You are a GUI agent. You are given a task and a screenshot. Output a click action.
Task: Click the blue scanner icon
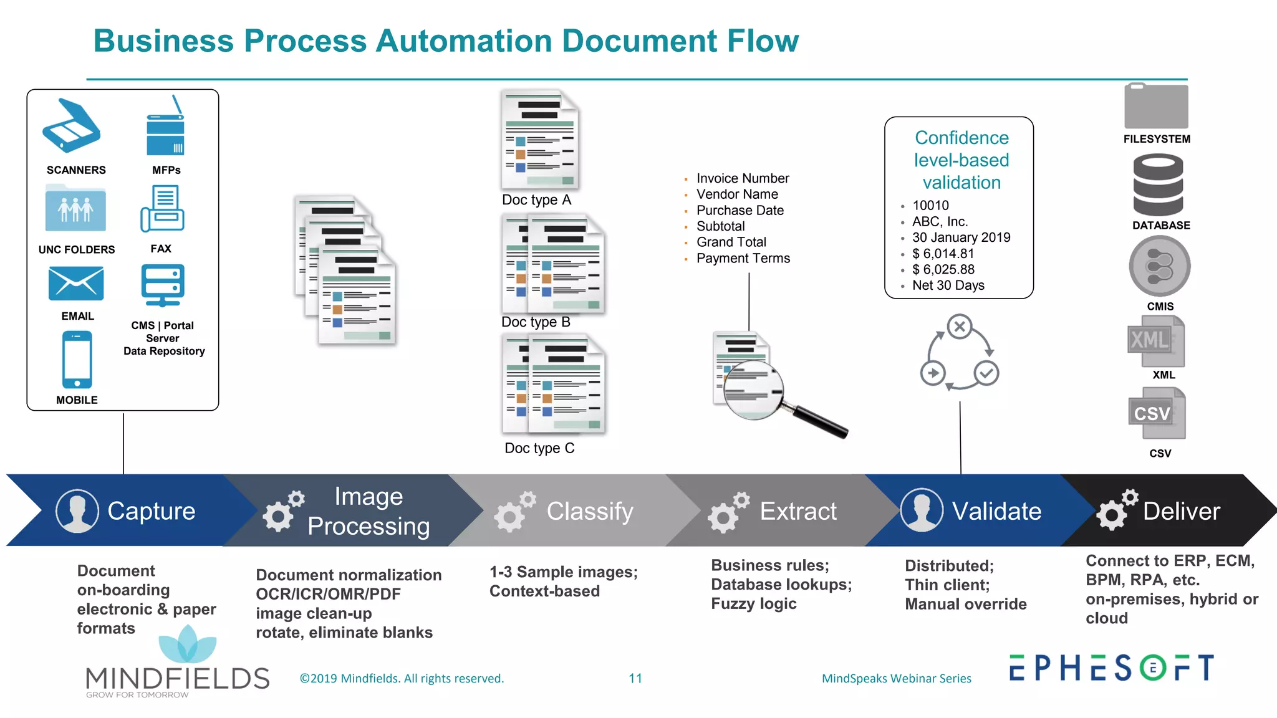tap(71, 126)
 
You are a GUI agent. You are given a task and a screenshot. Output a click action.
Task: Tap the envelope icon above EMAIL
tap(76, 284)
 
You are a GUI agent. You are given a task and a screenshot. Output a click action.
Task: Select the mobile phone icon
tap(77, 360)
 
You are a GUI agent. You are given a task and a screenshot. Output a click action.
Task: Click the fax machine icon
tap(162, 209)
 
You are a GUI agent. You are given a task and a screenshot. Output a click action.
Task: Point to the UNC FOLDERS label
tap(77, 249)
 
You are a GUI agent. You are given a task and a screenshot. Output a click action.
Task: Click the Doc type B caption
tap(536, 322)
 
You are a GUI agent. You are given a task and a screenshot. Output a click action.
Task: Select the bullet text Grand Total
tap(731, 242)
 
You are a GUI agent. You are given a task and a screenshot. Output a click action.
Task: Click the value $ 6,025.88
tap(943, 269)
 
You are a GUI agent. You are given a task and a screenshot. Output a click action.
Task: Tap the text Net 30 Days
tap(948, 285)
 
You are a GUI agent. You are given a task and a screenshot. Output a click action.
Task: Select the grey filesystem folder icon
tap(1156, 107)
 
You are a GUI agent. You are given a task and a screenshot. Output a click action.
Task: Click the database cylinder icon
tap(1158, 185)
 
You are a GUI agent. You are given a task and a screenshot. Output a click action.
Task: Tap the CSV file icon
tap(1157, 414)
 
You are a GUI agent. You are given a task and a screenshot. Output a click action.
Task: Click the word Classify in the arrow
tap(590, 511)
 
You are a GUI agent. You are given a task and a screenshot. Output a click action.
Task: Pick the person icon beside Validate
tap(921, 510)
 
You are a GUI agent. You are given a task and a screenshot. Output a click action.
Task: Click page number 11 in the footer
tap(635, 678)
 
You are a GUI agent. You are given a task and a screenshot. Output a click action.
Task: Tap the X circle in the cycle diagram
tap(960, 327)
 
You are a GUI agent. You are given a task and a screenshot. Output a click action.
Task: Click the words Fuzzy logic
tap(753, 604)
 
